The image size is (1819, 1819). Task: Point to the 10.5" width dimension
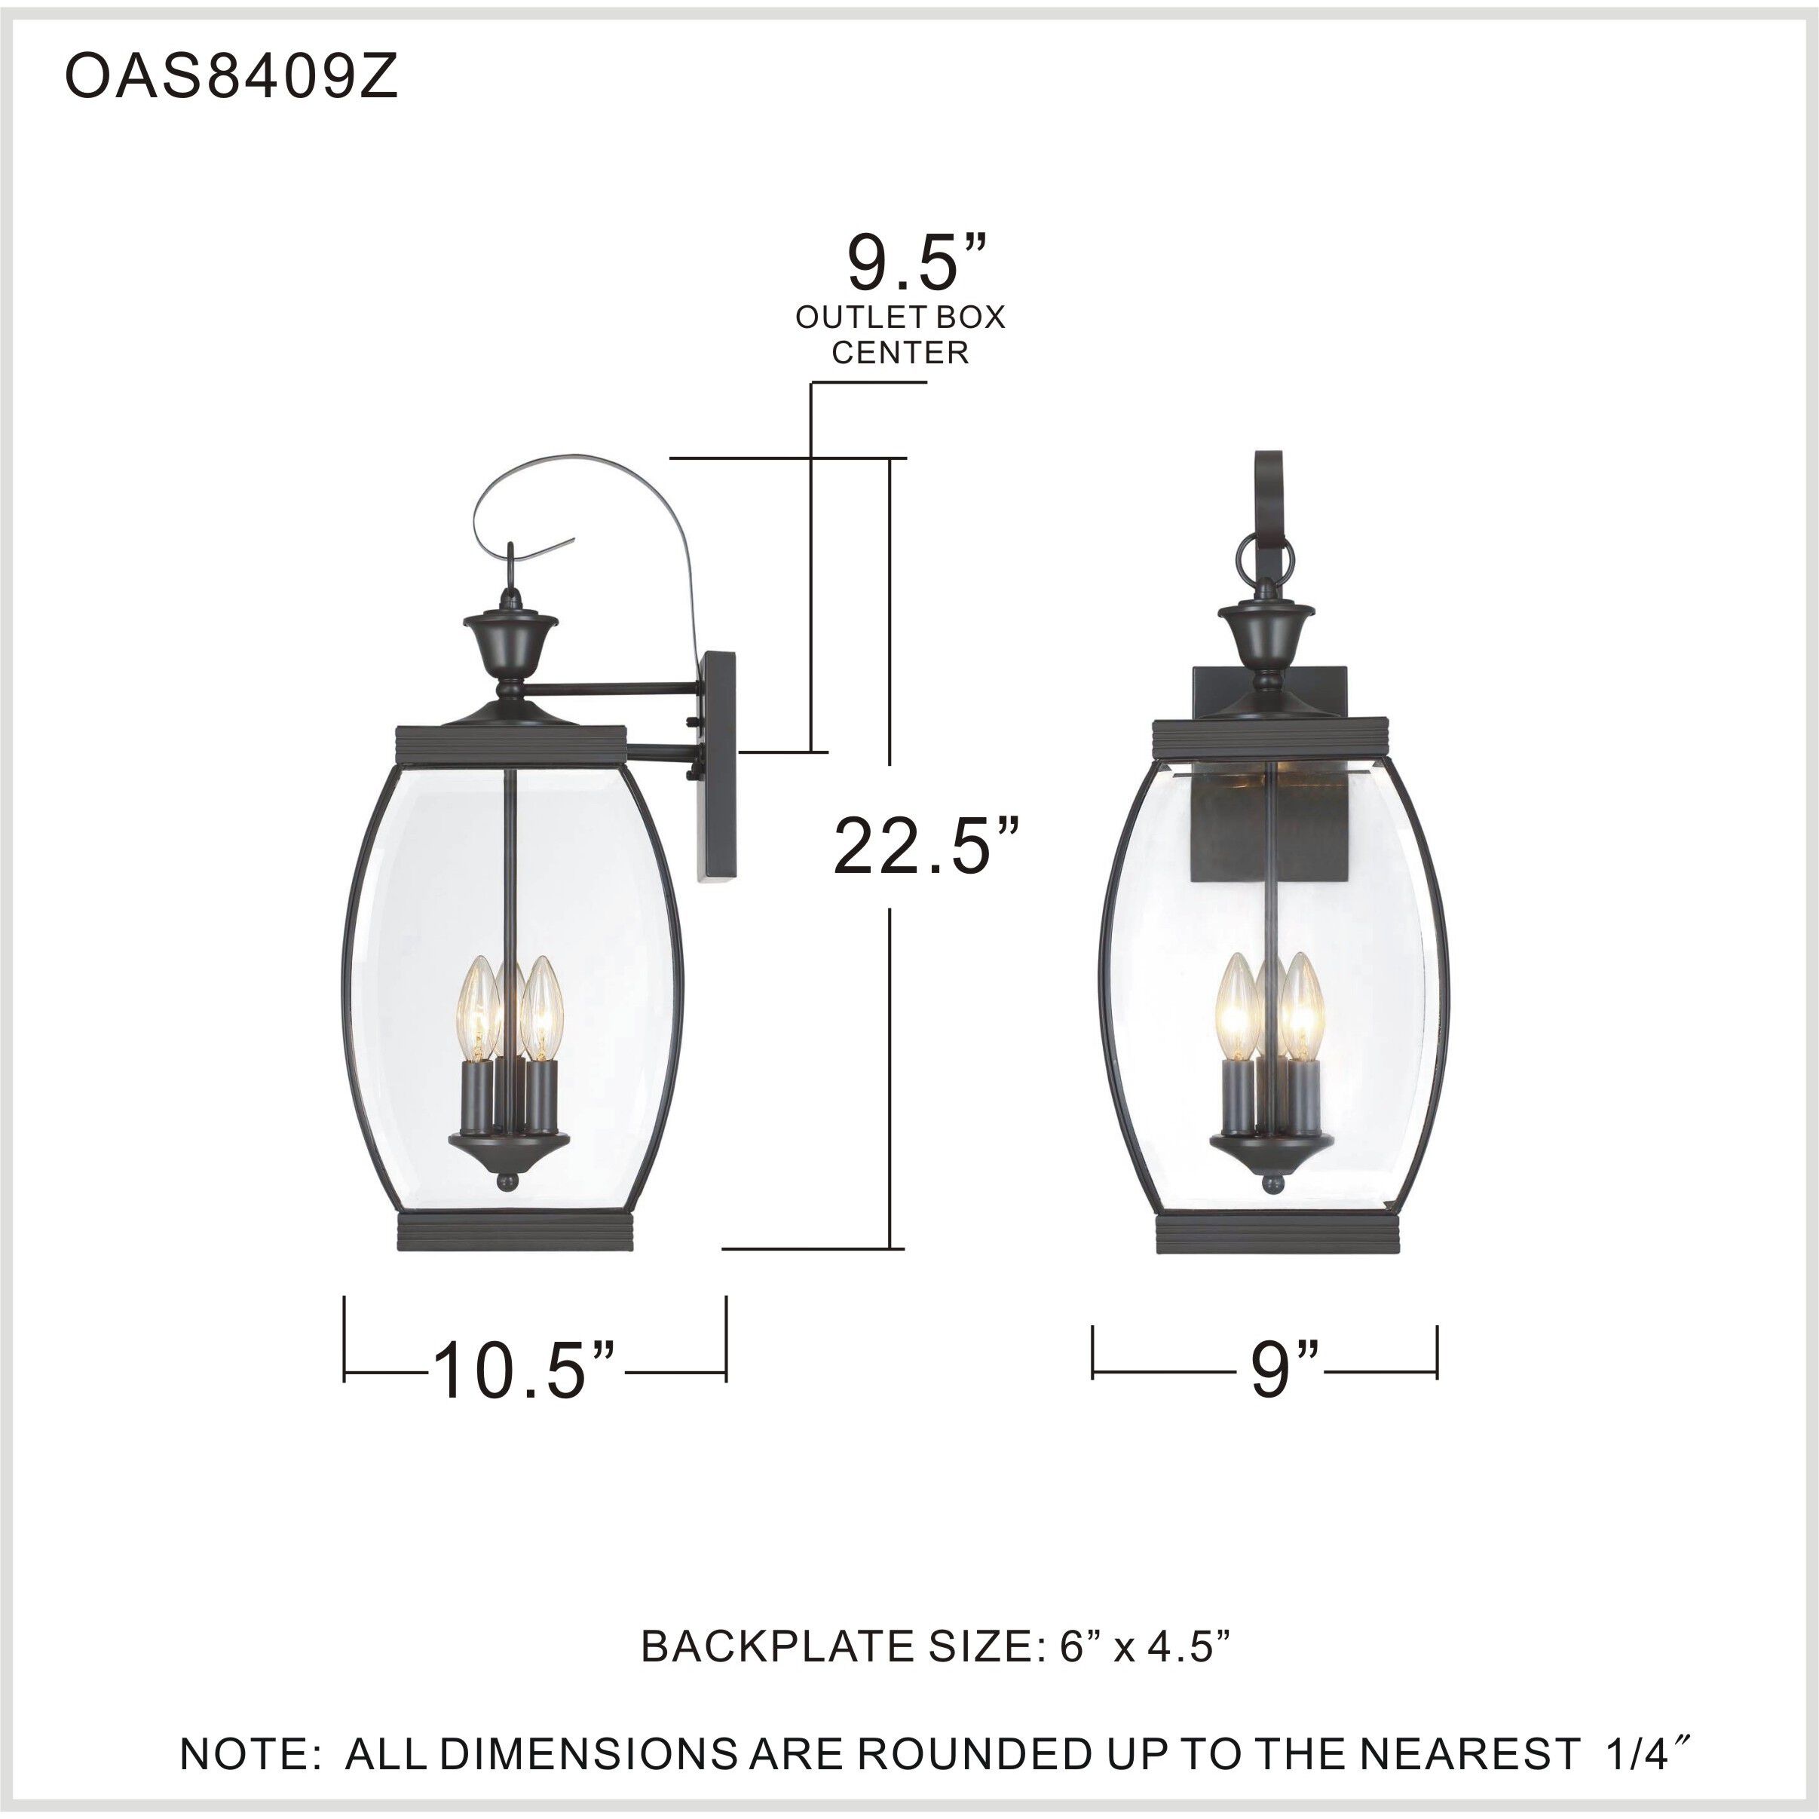(523, 1369)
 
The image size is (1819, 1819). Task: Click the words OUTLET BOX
(900, 317)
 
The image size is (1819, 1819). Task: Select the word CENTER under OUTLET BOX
(900, 353)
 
